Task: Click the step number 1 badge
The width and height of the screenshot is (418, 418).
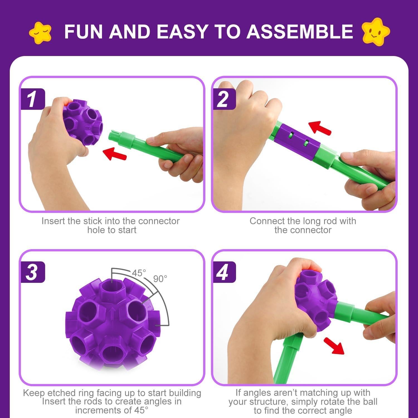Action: tap(32, 99)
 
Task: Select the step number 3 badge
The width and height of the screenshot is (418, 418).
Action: tap(32, 272)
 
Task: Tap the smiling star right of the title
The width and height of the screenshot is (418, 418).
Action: tap(375, 31)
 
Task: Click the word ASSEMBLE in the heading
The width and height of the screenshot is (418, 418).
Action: tap(300, 31)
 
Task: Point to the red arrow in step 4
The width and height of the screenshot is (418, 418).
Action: tap(334, 345)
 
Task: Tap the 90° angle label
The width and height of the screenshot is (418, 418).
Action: tap(160, 279)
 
